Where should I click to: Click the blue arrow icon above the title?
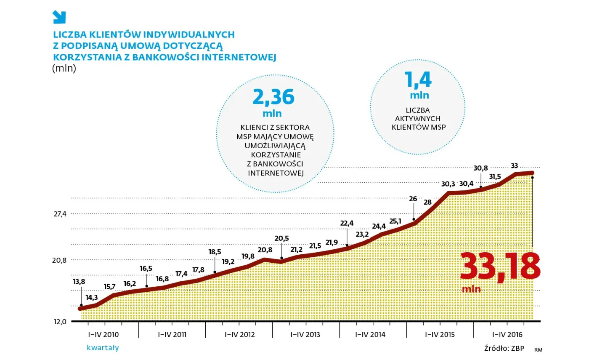pos(59,17)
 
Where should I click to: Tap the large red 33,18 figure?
pos(500,267)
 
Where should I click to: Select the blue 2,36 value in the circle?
pos(273,97)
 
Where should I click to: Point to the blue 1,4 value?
pos(418,80)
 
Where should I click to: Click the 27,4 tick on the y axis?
pos(60,214)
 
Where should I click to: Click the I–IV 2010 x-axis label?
pos(103,335)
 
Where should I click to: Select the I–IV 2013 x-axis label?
pos(305,335)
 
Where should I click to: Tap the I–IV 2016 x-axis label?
pos(507,335)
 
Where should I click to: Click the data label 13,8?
pos(79,282)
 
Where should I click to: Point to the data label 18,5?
pos(215,252)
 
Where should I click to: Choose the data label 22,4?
pos(347,223)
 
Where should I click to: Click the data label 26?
pos(413,199)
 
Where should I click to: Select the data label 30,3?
pos(448,184)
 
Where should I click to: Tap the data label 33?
pos(514,166)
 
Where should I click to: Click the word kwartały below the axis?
pos(103,348)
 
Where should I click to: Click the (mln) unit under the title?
pos(64,69)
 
